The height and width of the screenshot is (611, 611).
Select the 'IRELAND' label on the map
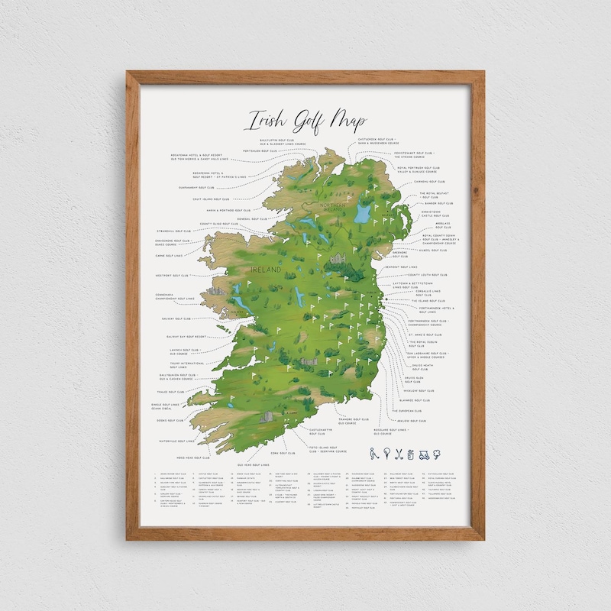(266, 270)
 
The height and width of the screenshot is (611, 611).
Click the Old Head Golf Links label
(253, 464)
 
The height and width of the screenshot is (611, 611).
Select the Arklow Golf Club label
(411, 420)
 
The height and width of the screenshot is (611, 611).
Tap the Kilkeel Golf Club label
(432, 250)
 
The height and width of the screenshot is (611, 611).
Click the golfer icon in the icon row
(372, 453)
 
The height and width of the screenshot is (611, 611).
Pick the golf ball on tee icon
(386, 454)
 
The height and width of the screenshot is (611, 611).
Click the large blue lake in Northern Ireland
(362, 212)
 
